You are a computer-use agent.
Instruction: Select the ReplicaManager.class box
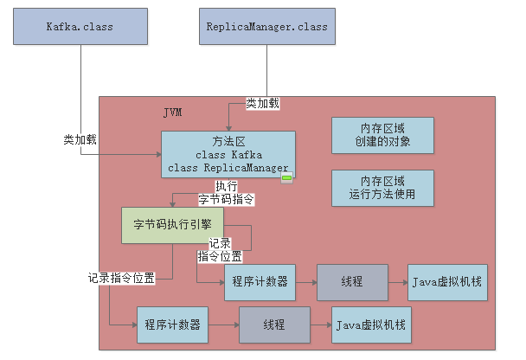coord(266,26)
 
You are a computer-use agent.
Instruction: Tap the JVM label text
coord(173,113)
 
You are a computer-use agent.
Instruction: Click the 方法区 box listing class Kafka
coord(228,154)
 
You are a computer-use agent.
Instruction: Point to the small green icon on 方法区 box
coord(287,179)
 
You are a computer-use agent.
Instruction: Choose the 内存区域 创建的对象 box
coord(382,134)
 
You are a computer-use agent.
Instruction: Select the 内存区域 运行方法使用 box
coord(382,188)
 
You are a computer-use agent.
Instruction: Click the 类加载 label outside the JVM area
coord(80,138)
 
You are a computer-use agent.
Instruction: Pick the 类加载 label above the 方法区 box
coord(262,103)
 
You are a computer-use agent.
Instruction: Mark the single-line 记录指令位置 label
coord(122,278)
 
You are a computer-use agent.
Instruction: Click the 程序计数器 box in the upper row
coord(260,282)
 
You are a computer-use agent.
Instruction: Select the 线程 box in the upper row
coord(352,282)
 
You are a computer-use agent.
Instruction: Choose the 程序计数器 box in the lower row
coord(172,325)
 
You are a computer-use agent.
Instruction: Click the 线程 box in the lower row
coord(273,325)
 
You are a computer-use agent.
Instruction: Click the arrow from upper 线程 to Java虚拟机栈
coord(398,282)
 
